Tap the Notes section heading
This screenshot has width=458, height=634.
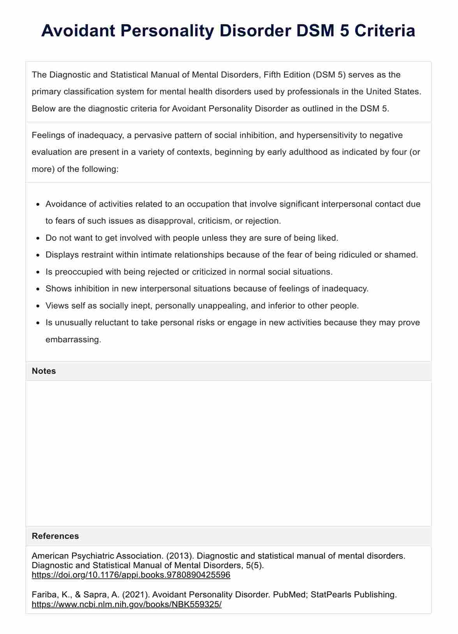(44, 371)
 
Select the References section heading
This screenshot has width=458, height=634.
(55, 536)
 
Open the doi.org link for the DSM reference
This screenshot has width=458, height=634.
(131, 575)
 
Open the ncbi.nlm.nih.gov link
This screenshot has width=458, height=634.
(127, 604)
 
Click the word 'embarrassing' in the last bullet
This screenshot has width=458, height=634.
(73, 340)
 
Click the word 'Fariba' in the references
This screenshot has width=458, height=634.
(44, 595)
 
